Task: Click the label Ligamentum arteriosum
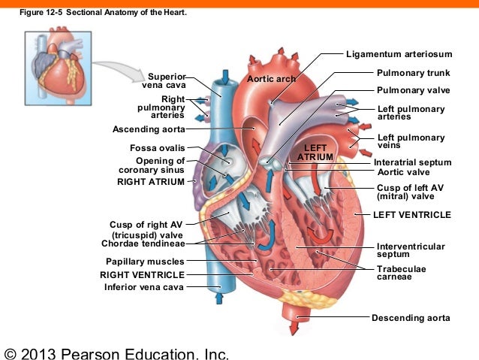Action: (x=399, y=54)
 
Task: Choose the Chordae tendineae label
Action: (x=146, y=244)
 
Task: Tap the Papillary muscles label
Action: (x=145, y=262)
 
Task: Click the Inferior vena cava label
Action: (x=144, y=286)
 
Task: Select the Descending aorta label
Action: (x=411, y=318)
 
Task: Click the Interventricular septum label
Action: (x=411, y=250)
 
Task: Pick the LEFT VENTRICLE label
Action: (x=412, y=215)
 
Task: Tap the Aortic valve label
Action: (x=405, y=173)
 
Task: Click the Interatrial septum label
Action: (x=412, y=162)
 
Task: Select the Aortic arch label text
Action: (x=271, y=79)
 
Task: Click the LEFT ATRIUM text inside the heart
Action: (x=315, y=151)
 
